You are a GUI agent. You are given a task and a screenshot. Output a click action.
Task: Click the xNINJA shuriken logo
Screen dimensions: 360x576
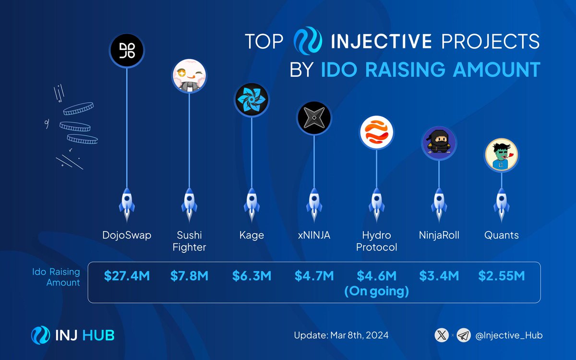314,118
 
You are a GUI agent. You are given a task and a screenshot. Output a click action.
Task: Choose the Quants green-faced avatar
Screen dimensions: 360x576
502,154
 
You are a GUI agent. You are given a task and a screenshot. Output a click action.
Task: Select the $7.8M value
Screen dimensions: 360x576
190,276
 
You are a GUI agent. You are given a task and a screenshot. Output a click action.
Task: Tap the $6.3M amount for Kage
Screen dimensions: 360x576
252,276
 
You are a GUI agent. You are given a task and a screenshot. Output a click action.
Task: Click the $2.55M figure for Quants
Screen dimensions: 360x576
502,276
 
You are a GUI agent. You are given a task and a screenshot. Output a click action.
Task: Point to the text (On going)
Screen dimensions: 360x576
377,291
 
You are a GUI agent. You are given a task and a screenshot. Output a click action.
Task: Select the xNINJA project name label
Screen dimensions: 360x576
314,236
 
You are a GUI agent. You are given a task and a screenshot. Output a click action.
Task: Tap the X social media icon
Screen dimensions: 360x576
441,335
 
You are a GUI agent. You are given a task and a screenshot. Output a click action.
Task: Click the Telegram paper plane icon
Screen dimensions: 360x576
463,335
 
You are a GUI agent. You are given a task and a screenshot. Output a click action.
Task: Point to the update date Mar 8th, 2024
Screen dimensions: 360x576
341,335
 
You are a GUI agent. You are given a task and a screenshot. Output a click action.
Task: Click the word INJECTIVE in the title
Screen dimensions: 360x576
381,42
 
